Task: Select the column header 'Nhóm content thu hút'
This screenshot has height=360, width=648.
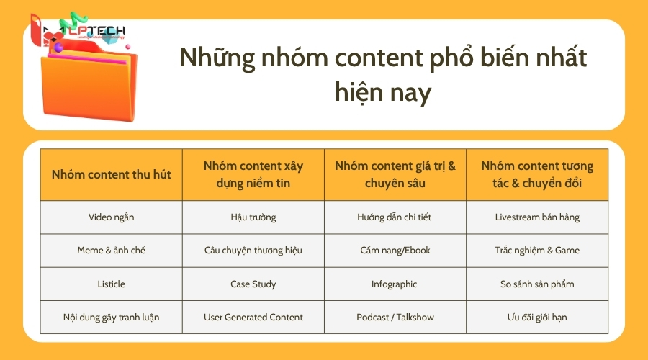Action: [x=112, y=174]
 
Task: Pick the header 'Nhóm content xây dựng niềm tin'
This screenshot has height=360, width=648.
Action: [x=253, y=174]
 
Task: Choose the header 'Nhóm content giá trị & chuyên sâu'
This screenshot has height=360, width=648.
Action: [x=395, y=174]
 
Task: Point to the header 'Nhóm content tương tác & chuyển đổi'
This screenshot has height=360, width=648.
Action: [x=537, y=174]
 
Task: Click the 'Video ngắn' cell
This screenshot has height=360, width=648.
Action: [x=112, y=217]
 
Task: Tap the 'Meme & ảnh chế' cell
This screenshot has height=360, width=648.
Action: [x=112, y=251]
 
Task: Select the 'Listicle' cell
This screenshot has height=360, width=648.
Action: [x=112, y=284]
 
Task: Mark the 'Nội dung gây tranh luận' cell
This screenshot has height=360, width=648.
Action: [x=112, y=317]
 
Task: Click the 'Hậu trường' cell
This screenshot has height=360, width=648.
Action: [x=253, y=217]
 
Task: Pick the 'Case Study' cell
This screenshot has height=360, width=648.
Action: [x=253, y=284]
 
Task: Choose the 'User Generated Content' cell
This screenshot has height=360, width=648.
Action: [x=253, y=317]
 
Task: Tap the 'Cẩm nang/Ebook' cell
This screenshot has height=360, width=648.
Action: [x=395, y=251]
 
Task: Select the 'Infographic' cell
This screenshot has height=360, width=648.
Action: [x=395, y=284]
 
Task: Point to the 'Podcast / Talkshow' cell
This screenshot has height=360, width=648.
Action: [x=395, y=317]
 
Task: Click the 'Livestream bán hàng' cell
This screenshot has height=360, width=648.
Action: [x=537, y=217]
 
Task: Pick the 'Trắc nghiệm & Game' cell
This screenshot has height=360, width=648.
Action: [x=537, y=251]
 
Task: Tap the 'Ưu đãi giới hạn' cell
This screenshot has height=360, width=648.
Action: [x=537, y=317]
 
